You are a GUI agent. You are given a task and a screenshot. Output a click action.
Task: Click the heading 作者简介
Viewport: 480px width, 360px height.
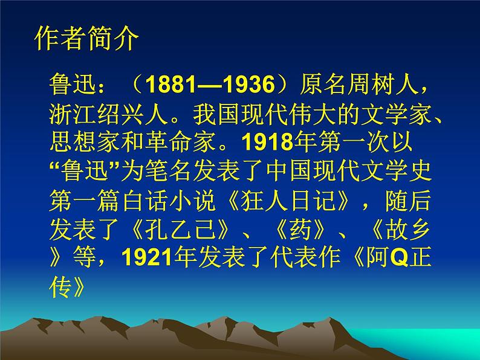point(88,40)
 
